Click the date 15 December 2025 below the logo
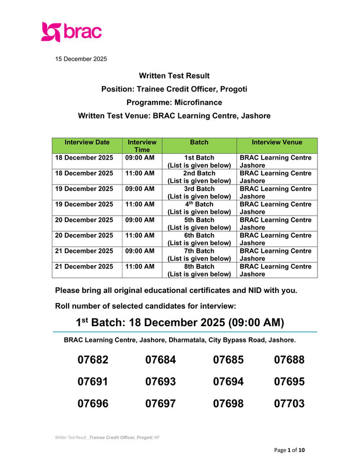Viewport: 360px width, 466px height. (81, 59)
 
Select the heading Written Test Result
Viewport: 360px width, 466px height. (174, 76)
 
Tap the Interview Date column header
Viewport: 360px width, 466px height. (87, 142)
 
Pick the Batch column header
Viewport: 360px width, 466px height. (199, 142)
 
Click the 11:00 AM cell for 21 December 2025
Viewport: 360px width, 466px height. (140, 266)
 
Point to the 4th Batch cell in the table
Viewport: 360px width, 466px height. (199, 209)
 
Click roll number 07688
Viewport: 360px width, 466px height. (290, 361)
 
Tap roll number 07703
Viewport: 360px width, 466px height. (290, 403)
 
